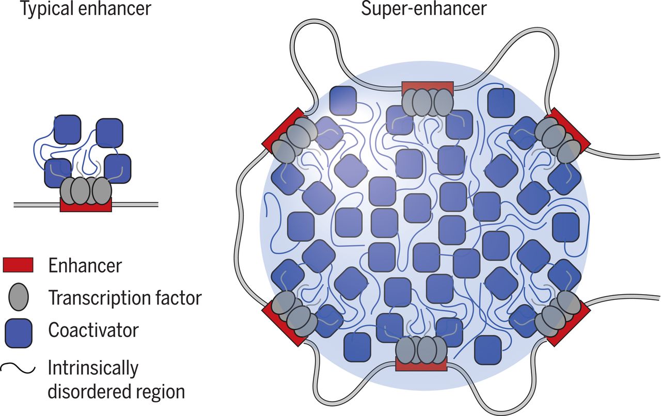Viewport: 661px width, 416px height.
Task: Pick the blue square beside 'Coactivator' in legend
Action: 18,331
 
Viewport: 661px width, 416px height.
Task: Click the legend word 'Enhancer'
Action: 85,265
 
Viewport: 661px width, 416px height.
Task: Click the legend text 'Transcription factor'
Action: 124,298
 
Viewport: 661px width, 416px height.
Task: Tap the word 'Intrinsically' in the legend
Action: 93,369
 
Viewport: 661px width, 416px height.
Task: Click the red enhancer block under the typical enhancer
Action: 86,206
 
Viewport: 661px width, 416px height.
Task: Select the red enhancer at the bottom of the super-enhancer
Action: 420,366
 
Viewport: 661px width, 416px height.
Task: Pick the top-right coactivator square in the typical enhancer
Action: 109,133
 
